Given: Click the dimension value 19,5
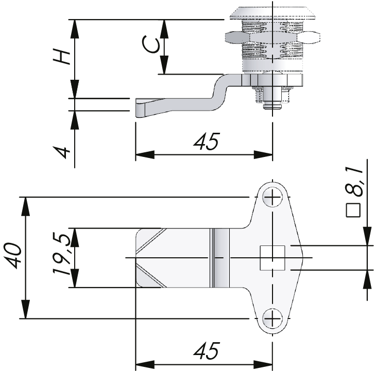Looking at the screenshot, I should coord(60,256).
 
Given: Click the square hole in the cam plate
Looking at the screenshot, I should coord(272,257).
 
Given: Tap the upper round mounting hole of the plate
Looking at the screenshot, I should coord(272,196).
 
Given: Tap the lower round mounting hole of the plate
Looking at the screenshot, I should coord(272,319).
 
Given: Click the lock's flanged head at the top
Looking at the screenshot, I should coord(271,13).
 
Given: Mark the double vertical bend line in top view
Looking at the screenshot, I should coord(212,257).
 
